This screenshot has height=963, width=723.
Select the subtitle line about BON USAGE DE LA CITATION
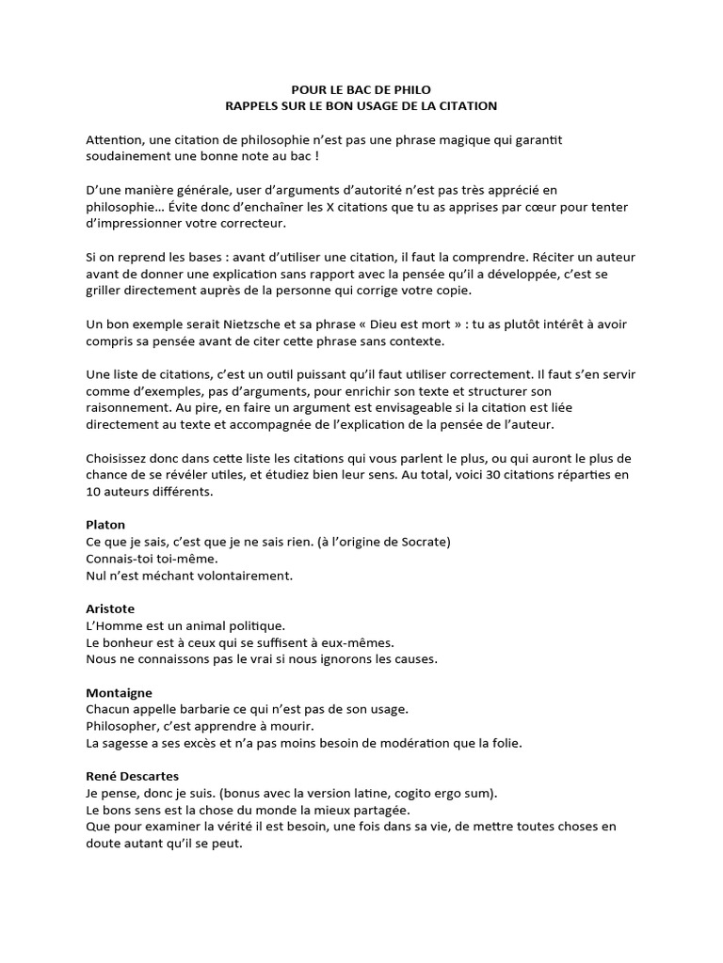point(361,106)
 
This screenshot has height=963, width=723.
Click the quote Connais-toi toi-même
point(152,558)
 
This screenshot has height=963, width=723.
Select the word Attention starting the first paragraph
point(114,139)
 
